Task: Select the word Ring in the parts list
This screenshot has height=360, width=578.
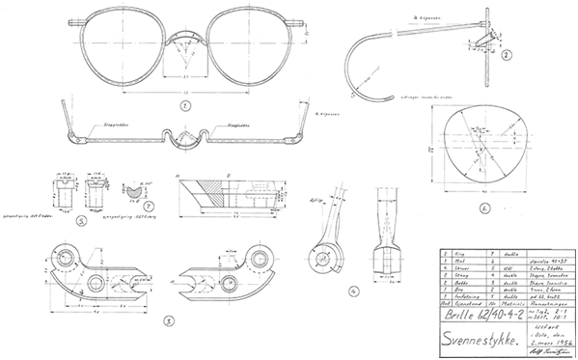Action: point(454,249)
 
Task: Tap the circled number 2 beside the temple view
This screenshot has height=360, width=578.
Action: point(506,56)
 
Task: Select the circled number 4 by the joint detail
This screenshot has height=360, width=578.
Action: point(354,290)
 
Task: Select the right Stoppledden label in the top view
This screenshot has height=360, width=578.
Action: point(240,125)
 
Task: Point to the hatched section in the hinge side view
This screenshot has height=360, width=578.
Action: point(213,197)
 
